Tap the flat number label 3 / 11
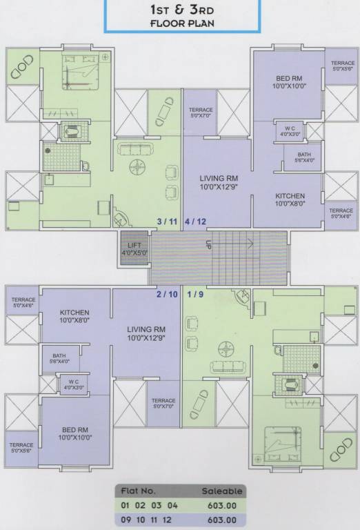tap(168, 222)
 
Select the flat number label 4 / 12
tap(195, 222)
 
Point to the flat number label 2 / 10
tap(167, 294)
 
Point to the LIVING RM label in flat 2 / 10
tap(146, 333)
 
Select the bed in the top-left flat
tap(77, 71)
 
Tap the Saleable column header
tap(221, 491)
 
